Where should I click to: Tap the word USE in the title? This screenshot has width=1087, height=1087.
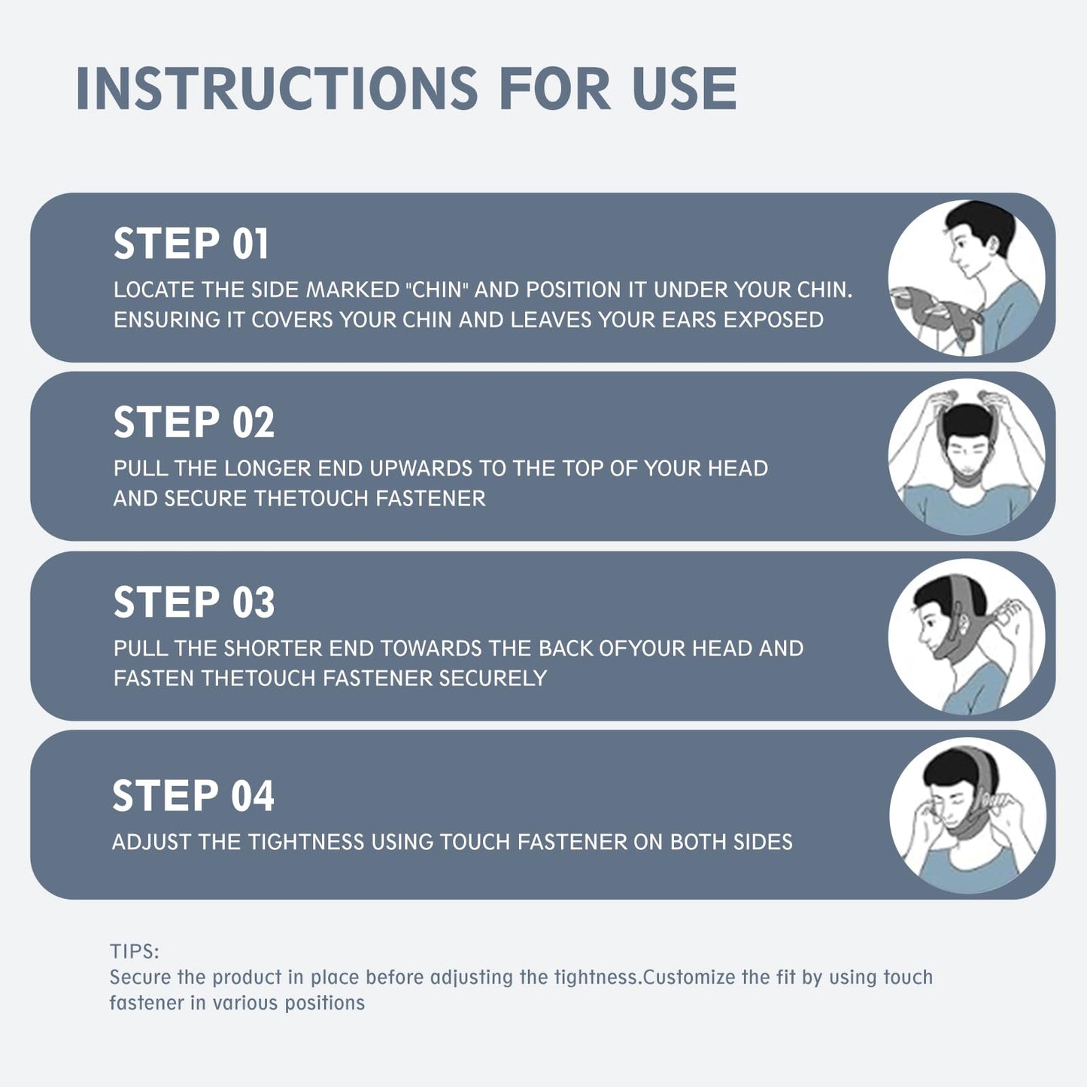coord(685,89)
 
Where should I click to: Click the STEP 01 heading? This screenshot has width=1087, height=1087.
coord(190,244)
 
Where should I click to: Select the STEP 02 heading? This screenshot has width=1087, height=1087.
coord(193,422)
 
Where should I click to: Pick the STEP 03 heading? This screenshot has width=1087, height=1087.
coord(193,602)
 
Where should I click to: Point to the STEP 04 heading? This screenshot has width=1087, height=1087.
coord(193,795)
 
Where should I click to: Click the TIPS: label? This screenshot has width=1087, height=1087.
coord(134,951)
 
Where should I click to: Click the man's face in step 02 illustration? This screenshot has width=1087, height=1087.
coord(966,457)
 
